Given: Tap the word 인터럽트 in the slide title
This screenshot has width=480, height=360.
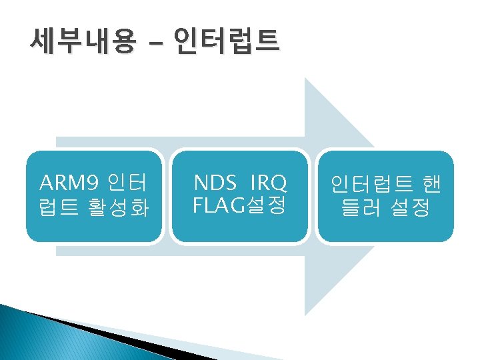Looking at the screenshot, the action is pos(225,43).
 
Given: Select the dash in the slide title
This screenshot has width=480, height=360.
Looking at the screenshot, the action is pos(155,45).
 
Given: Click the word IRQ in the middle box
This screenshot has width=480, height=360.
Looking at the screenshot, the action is pos(269,182).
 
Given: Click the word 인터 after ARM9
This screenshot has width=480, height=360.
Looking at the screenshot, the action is pos(127,182).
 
